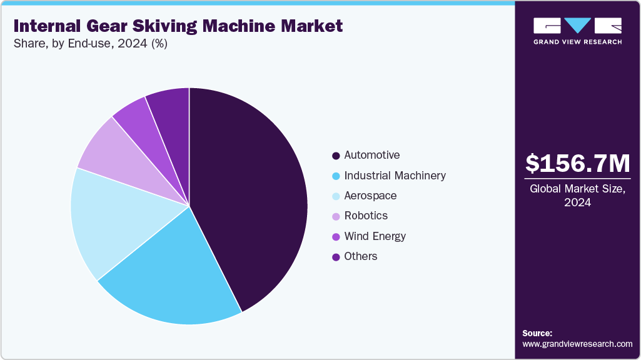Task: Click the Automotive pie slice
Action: [x=250, y=194]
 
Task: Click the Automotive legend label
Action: [x=371, y=155]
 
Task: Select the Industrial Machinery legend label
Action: [x=395, y=176]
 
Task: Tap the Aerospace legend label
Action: [x=370, y=196]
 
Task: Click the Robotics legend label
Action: [x=366, y=216]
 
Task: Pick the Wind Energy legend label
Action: [x=375, y=236]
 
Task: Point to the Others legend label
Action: [x=360, y=256]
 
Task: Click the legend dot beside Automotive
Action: [x=336, y=156]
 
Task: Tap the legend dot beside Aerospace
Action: [x=336, y=196]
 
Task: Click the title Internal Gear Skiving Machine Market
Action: [x=178, y=26]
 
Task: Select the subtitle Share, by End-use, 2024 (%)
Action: [x=90, y=44]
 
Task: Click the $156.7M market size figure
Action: [x=577, y=164]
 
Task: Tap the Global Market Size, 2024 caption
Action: [x=577, y=195]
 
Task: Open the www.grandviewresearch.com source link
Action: [x=577, y=344]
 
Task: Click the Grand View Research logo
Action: [x=577, y=31]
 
